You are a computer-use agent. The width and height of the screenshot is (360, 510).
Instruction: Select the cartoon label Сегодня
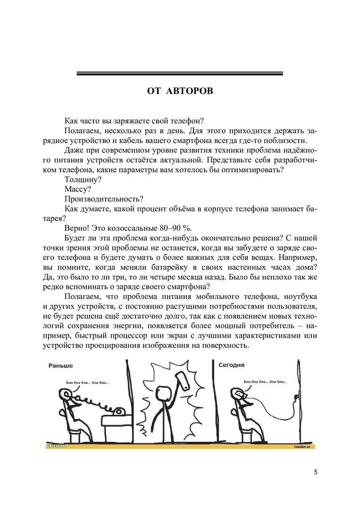(231, 365)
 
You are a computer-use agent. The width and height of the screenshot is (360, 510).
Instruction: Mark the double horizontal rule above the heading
(180, 73)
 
